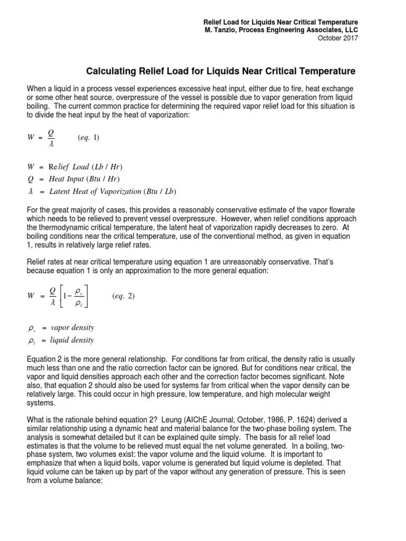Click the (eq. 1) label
click(88, 138)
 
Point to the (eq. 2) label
click(123, 296)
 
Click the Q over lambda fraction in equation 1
click(51, 138)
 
